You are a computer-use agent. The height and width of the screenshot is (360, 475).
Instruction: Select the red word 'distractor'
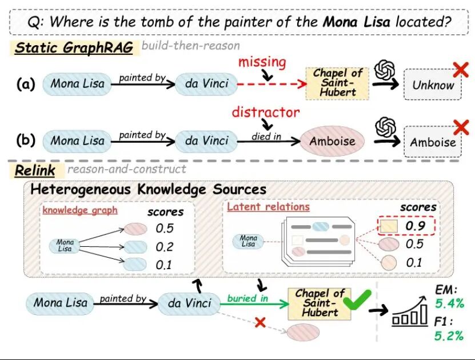pyautogui.click(x=265, y=111)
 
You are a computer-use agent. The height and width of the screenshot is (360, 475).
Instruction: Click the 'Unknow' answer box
pyautogui.click(x=433, y=86)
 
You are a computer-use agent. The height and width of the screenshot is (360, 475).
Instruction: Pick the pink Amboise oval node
pyautogui.click(x=332, y=141)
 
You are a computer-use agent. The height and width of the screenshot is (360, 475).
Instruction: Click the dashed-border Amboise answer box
pyautogui.click(x=433, y=142)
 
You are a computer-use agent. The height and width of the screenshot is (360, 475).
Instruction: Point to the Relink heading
pyautogui.click(x=35, y=170)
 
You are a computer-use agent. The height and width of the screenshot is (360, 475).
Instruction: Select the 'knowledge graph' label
pyautogui.click(x=80, y=210)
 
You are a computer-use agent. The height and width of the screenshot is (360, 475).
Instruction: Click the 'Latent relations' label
pyautogui.click(x=268, y=206)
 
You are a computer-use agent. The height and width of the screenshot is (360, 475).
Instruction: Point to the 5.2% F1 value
pyautogui.click(x=449, y=335)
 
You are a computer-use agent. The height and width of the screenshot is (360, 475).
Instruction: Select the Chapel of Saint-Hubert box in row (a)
pyautogui.click(x=338, y=82)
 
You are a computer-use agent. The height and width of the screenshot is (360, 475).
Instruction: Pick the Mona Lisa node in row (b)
pyautogui.click(x=77, y=141)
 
